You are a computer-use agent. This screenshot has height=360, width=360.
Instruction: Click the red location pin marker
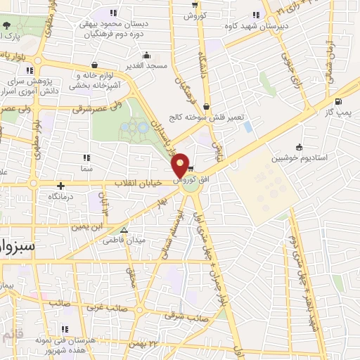click(x=180, y=166)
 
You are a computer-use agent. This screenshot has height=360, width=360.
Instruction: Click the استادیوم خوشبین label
click(x=323, y=157)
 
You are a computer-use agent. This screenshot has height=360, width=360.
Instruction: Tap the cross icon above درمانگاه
click(x=61, y=186)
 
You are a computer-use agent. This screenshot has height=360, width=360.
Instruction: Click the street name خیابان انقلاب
click(x=138, y=183)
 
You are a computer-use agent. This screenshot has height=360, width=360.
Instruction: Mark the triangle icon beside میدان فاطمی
click(x=124, y=229)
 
